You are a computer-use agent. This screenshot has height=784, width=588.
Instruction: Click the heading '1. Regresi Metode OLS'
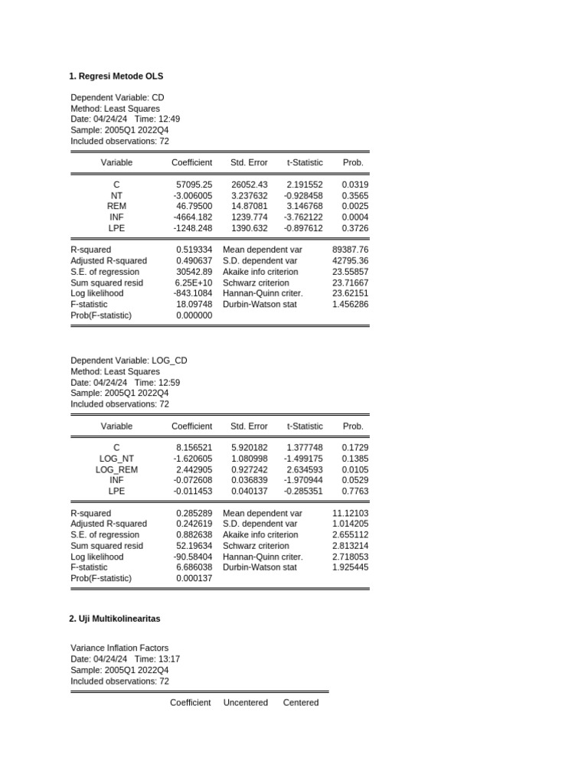pos(116,77)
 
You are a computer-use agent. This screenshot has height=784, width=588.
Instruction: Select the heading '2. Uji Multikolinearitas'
pos(115,619)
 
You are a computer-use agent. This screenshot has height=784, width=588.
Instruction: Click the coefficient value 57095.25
pos(194,185)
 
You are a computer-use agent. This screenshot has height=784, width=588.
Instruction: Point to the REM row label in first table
pos(116,207)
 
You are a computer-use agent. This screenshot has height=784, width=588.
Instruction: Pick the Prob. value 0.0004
pos(355,217)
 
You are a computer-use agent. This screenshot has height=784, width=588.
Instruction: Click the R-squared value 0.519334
pos(194,250)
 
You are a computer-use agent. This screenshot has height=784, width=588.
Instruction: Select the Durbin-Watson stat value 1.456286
pos(351,304)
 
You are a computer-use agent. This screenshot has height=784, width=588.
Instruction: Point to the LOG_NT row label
pos(116,459)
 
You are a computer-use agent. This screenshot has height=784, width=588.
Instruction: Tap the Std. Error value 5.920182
pos(250,449)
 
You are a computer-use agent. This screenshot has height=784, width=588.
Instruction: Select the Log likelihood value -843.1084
pos(192,293)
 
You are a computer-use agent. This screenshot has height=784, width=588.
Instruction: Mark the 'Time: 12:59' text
pos(157,383)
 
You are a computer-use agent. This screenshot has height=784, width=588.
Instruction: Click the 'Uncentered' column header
pos(246,703)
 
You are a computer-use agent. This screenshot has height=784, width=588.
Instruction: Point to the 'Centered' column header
pos(301,703)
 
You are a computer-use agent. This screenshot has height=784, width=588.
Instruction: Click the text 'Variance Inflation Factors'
pos(119,648)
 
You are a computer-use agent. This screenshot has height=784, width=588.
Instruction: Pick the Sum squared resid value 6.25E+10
pos(194,283)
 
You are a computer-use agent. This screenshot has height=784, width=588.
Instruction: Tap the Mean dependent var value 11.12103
pos(351,513)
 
